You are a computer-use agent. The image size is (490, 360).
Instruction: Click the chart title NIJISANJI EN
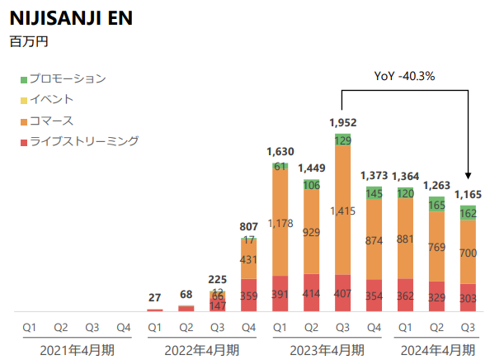pyautogui.click(x=71, y=18)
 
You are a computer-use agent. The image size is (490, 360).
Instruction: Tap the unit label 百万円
pyautogui.click(x=26, y=40)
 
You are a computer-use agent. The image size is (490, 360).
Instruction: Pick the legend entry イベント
pyautogui.click(x=51, y=100)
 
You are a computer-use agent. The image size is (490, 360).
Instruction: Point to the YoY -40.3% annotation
pyautogui.click(x=404, y=76)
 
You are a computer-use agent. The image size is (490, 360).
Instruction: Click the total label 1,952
pyautogui.click(x=342, y=122)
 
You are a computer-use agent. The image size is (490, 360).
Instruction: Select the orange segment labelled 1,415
pyautogui.click(x=342, y=211)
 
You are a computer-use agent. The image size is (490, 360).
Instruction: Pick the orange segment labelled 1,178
pyautogui.click(x=280, y=223)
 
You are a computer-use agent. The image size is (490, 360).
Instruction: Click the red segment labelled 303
pyautogui.click(x=467, y=297)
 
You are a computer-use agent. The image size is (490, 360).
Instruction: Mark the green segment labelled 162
pyautogui.click(x=467, y=213)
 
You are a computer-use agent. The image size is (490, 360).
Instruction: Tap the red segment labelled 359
pyautogui.click(x=249, y=295)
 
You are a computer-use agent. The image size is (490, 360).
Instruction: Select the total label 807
pyautogui.click(x=249, y=225)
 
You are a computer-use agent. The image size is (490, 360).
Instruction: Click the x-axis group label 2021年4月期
pyautogui.click(x=78, y=349)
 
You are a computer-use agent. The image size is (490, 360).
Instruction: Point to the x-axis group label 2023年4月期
pyautogui.click(x=327, y=349)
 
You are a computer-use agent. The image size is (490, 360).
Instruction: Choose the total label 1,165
pyautogui.click(x=467, y=195)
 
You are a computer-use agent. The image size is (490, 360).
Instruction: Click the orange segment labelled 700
pyautogui.click(x=467, y=252)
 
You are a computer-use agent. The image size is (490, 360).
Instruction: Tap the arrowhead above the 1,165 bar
pyautogui.click(x=468, y=175)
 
